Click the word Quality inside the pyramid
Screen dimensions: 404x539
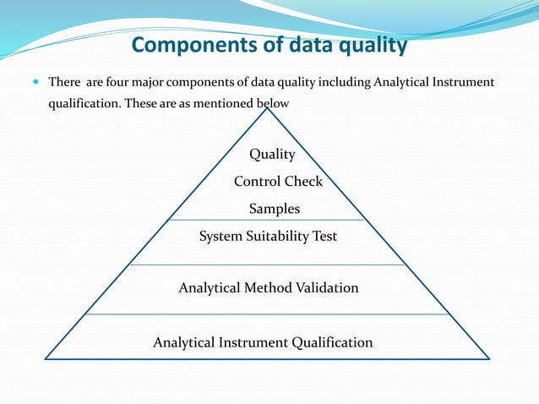click(272, 155)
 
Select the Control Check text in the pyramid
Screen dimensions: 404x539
click(278, 182)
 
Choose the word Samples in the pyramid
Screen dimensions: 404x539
click(275, 209)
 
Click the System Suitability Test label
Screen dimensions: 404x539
click(268, 237)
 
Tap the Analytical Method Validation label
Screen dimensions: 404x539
click(269, 288)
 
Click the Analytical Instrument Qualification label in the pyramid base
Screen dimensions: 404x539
click(263, 342)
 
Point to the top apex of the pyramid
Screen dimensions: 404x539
click(269, 106)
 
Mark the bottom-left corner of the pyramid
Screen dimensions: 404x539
click(46, 358)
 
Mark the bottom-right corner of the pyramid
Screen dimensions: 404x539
click(489, 358)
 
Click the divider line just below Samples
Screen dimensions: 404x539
click(267, 221)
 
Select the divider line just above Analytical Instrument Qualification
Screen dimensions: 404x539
click(267, 314)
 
